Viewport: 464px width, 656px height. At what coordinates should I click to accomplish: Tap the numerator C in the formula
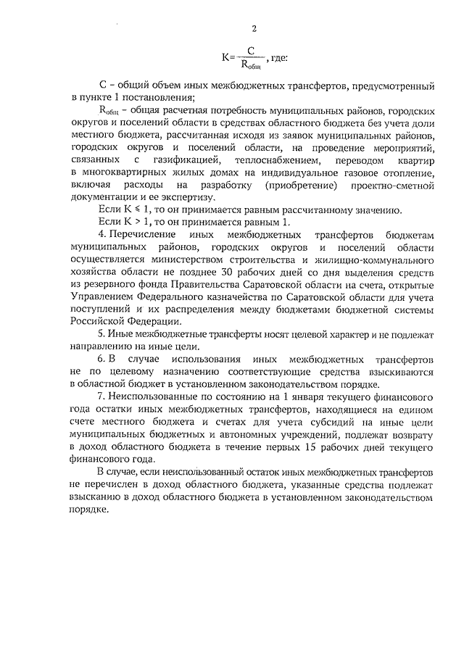250,50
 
